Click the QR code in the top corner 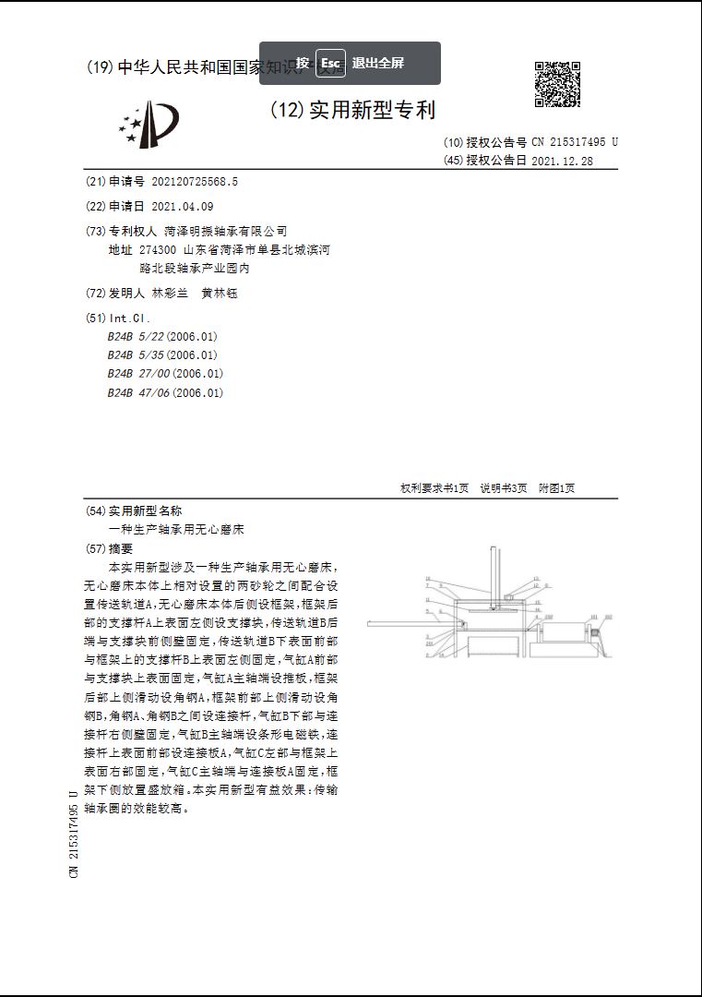tap(557, 84)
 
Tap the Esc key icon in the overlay tap(330, 63)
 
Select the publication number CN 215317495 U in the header tap(574, 142)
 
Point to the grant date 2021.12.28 tap(562, 160)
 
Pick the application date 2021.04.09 tap(182, 206)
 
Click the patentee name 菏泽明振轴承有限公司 tap(225, 231)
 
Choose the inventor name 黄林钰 tap(220, 293)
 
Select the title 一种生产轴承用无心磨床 tap(176, 530)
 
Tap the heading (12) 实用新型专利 tap(352, 111)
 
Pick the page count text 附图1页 tap(557, 488)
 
